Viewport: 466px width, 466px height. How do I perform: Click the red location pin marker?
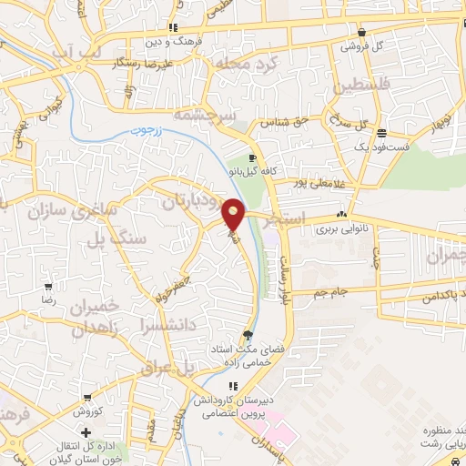click(234, 213)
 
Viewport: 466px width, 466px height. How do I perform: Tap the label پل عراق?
click(165, 366)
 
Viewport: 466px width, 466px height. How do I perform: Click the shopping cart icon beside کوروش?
click(87, 398)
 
